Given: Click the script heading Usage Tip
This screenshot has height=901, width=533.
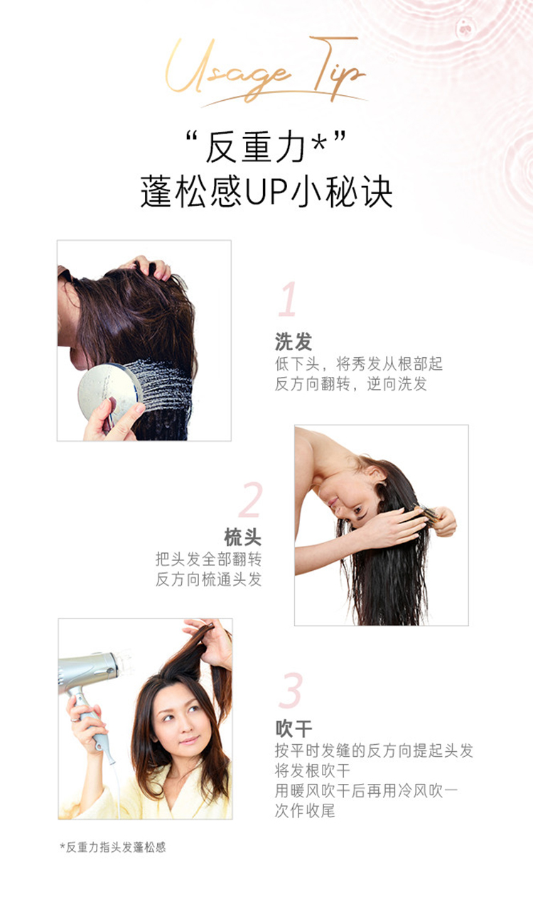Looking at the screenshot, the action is point(266,72).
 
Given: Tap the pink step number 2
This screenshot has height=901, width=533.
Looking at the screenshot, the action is point(250,500).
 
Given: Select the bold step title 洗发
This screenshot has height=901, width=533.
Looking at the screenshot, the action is point(294,342).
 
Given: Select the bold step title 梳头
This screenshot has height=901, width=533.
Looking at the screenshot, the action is point(243,537).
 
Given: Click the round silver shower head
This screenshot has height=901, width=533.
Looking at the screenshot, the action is point(109,392).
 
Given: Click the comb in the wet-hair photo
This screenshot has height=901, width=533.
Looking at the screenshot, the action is point(426,513).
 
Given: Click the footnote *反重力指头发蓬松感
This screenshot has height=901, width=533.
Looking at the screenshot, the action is point(113,848).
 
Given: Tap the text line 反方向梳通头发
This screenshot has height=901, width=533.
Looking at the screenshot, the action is point(208,579).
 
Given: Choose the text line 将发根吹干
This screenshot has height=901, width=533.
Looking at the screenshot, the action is point(313,771).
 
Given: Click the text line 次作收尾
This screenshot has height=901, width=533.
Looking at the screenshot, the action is point(305,812).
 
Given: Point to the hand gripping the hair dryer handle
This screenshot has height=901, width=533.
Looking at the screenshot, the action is point(86,723).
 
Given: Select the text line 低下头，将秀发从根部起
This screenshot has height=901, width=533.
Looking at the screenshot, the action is point(359,364).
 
